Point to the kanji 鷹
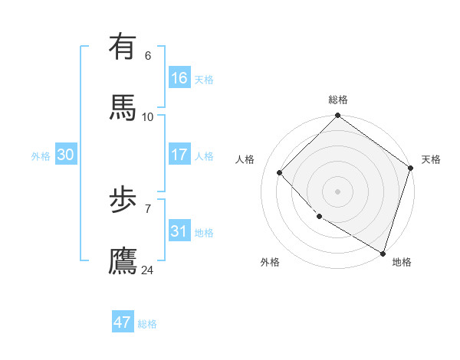[123, 260]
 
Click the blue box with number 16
[179, 78]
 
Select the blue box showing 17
[179, 155]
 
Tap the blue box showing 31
[179, 231]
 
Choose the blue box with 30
[66, 155]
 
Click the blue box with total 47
[123, 322]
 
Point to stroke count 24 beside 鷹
[147, 270]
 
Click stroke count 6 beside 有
[148, 56]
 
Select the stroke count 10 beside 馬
[148, 116]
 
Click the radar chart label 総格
[338, 100]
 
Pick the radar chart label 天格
[431, 159]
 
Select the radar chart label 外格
[270, 262]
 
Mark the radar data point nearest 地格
[383, 252]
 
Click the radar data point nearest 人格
[280, 173]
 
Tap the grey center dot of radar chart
[337, 191]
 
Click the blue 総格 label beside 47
[147, 324]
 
